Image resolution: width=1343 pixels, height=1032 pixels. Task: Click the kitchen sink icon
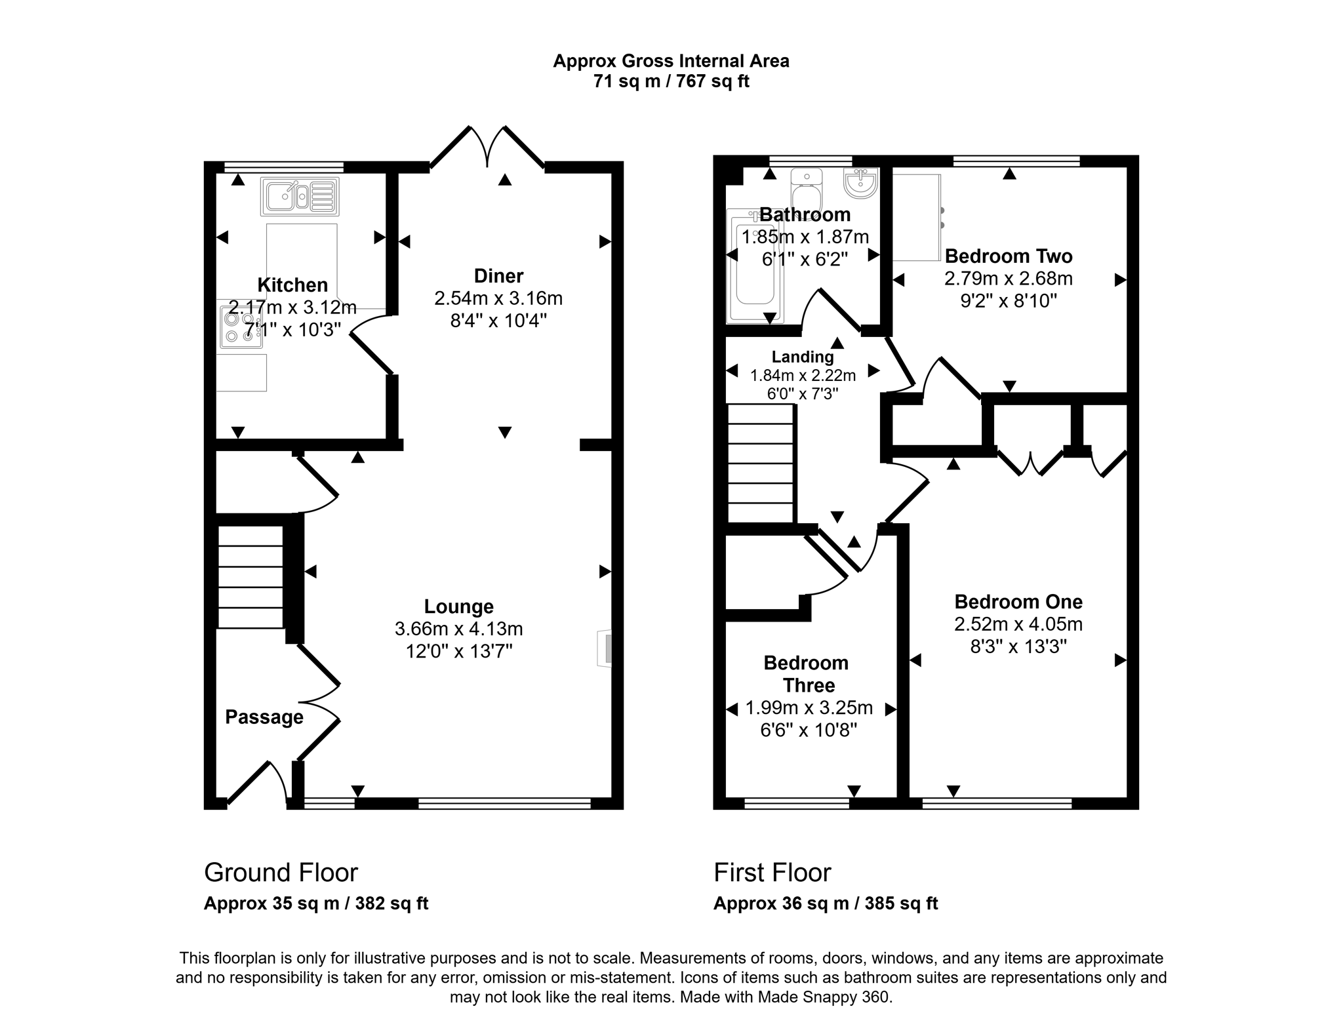[300, 196]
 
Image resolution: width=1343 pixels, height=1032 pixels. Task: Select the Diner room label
[498, 275]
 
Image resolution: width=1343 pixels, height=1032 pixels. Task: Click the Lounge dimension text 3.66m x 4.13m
[458, 629]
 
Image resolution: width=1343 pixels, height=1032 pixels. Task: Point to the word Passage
[264, 717]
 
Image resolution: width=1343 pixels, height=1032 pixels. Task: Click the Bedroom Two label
[1008, 256]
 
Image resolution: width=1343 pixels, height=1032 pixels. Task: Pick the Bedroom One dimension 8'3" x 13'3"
[1018, 646]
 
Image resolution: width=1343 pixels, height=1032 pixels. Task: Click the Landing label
[802, 357]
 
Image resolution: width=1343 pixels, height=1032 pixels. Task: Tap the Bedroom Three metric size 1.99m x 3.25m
[809, 707]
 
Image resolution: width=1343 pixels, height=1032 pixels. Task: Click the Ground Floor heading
[281, 873]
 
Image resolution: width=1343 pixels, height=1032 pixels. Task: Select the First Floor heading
[772, 873]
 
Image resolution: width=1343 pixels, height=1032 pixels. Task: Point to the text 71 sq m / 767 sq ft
[671, 81]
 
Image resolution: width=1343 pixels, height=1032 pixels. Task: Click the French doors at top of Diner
[487, 147]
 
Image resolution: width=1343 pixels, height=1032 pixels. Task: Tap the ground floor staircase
[250, 577]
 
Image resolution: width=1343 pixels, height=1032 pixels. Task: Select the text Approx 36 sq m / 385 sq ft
[825, 903]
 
